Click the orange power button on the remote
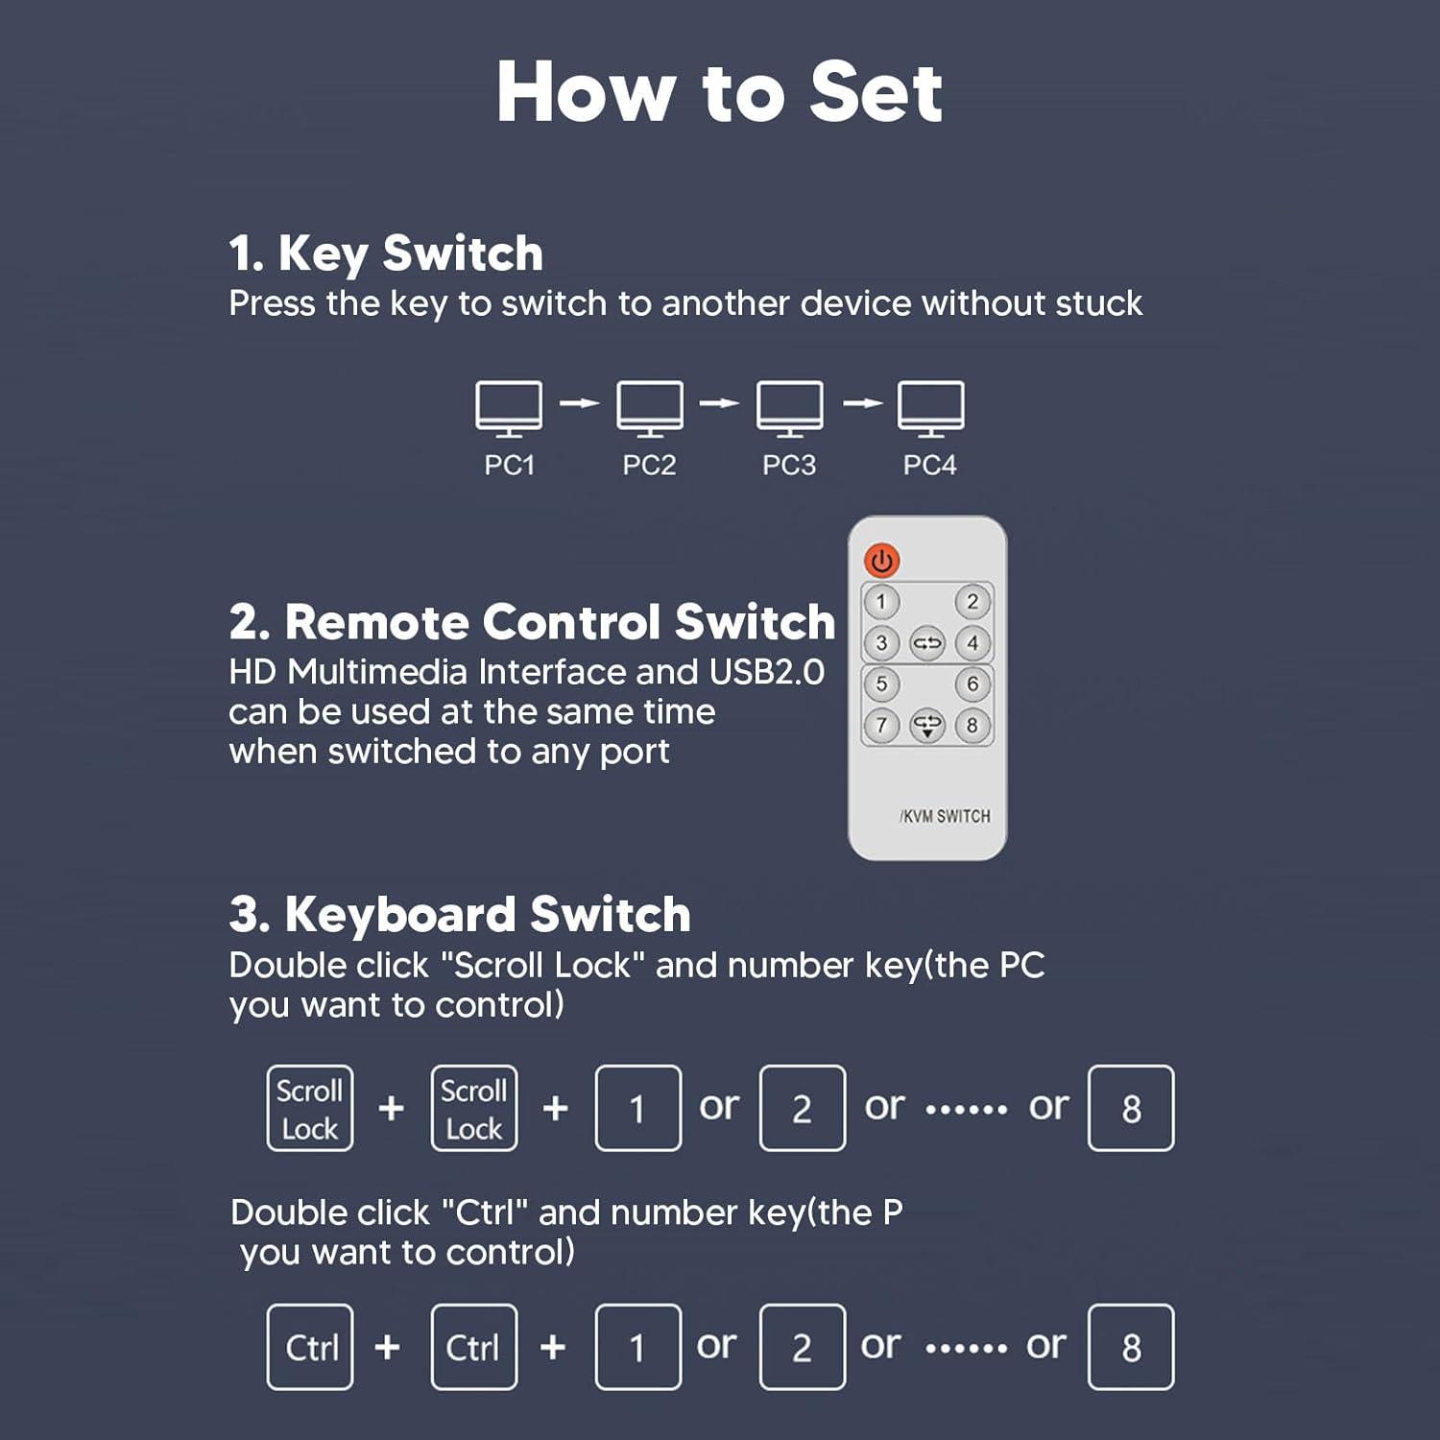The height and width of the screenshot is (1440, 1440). tap(881, 561)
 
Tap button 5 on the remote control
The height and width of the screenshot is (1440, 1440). tap(881, 684)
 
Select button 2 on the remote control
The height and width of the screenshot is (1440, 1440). tap(972, 602)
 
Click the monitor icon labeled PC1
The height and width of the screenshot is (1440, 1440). tap(509, 409)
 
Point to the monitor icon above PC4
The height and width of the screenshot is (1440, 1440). tap(930, 409)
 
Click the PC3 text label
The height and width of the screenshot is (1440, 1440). tap(789, 466)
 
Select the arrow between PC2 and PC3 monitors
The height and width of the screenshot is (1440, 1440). tap(719, 403)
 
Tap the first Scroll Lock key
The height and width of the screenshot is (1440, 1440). tap(310, 1108)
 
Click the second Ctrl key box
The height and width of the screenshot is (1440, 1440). tap(474, 1347)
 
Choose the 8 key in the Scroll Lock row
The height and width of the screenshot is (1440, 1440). tap(1131, 1108)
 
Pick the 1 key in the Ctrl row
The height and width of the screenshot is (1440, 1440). tap(638, 1347)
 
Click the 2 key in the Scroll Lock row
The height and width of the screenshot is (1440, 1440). tap(803, 1108)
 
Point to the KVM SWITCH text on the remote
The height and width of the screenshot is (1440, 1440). tap(946, 816)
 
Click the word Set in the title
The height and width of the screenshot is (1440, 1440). tap(876, 92)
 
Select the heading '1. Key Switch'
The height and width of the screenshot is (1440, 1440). tap(386, 254)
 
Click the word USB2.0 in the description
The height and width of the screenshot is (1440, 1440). tap(767, 672)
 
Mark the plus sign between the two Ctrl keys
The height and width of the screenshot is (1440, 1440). tap(388, 1347)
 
